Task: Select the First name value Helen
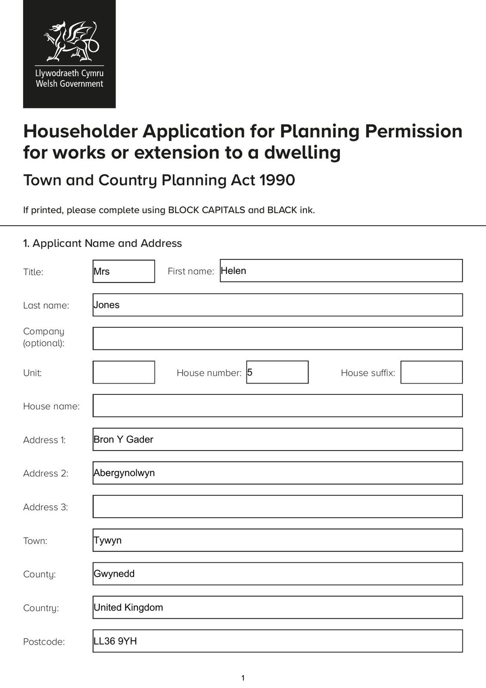pos(233,271)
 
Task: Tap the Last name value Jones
pos(107,305)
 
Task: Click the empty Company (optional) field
pos(278,338)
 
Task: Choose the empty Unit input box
pos(124,372)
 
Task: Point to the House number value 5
pos(250,372)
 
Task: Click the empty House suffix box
pos(431,372)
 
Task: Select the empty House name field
pos(278,405)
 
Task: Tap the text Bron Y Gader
pos(123,439)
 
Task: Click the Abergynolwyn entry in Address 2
pos(124,473)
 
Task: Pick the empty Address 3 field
pos(278,507)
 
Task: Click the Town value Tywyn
pos(108,541)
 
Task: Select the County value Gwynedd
pos(114,574)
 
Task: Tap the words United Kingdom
pos(128,608)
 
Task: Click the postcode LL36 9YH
pos(115,641)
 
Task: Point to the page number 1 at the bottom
pos(243,678)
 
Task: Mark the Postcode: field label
pos(44,642)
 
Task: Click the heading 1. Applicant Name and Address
pos(102,243)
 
